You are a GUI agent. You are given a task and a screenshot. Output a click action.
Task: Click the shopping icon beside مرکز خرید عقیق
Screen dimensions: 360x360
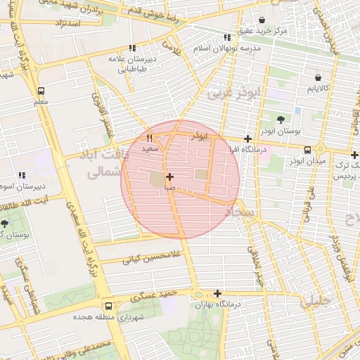pos(262,21)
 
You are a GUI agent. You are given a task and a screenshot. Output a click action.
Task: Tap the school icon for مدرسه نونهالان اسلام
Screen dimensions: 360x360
pos(226,37)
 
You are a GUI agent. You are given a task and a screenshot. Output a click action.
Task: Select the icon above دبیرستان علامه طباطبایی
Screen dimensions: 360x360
pos(131,49)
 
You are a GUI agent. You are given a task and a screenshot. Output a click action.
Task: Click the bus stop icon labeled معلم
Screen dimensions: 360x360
pos(41,91)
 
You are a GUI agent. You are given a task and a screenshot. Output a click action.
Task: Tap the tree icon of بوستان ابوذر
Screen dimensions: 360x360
pos(281,120)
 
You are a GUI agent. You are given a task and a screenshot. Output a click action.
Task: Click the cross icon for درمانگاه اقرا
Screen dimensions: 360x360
pos(247,139)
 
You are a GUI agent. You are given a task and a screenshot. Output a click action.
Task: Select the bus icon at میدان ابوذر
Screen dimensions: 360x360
pos(308,149)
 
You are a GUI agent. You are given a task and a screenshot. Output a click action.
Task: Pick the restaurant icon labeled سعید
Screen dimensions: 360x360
pos(149,138)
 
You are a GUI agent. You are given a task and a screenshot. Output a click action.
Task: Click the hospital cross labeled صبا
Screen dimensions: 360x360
pos(169,176)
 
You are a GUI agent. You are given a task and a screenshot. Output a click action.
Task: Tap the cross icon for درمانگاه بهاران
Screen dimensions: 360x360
pos(217,293)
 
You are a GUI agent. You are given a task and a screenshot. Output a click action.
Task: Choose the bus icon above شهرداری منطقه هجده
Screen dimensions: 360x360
pos(108,306)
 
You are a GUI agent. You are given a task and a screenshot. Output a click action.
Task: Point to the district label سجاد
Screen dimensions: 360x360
pos(242,211)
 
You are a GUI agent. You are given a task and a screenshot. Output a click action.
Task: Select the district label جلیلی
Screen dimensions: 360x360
pos(314,302)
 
